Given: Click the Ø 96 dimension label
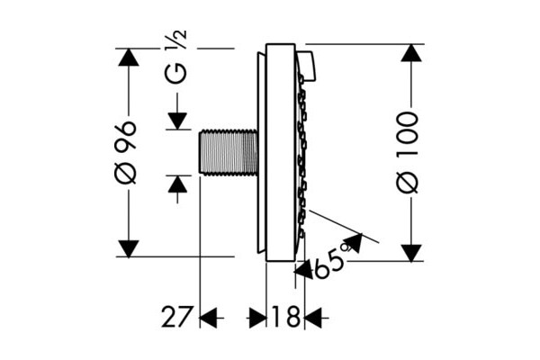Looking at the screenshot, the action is point(125,152).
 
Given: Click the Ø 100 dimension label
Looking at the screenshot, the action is point(408,152).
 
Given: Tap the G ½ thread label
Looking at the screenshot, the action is point(176,57).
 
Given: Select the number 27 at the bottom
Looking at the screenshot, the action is point(176,317).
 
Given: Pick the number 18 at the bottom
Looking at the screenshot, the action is point(286,317).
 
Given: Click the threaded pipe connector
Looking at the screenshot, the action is point(229,152).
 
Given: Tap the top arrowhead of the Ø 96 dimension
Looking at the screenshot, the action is point(128,58).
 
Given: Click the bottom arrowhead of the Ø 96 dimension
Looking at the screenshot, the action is point(128,248).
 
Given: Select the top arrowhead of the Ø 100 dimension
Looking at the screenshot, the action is point(411,53).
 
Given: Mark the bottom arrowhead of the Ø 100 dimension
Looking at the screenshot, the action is point(411,253).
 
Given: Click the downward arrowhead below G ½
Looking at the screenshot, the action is point(177,121).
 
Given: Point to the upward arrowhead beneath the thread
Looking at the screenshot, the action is point(177,184).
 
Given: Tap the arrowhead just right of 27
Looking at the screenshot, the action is point(209,318).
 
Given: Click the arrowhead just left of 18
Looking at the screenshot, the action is point(257,318).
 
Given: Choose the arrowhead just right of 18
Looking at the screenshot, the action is point(313,318).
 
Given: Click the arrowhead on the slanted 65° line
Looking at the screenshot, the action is point(353,242).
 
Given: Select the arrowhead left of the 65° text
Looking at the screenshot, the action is point(303,270).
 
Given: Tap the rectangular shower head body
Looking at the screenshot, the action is point(280,152).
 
